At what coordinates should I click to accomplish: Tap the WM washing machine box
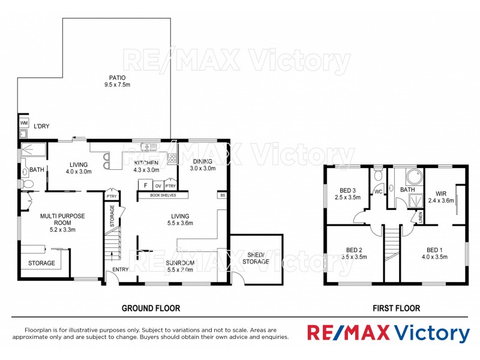pos(24,123)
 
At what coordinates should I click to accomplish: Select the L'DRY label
pos(41,127)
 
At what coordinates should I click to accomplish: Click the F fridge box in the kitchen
pos(145,185)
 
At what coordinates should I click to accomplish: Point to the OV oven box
pos(158,186)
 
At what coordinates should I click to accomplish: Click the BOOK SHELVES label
pos(163,195)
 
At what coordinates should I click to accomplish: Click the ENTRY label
pos(121,269)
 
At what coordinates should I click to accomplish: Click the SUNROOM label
pos(179,263)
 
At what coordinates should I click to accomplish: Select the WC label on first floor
pos(378,192)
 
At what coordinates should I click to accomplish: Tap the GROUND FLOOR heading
pos(151,308)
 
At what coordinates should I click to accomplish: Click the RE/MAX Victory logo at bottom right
pos(388,334)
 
